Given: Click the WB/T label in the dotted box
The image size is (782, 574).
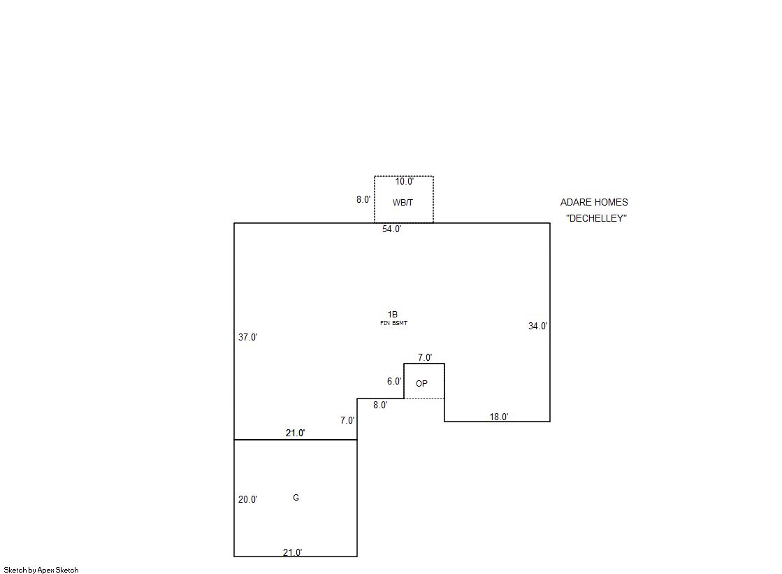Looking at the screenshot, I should pyautogui.click(x=403, y=203).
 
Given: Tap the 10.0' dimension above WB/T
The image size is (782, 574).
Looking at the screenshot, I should pyautogui.click(x=404, y=182).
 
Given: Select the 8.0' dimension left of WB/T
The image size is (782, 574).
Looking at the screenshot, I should pyautogui.click(x=363, y=199).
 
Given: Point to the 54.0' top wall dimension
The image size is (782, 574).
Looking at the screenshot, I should pyautogui.click(x=391, y=229).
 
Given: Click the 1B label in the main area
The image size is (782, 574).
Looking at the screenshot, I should pyautogui.click(x=393, y=315).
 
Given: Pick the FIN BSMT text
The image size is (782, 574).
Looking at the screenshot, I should pyautogui.click(x=393, y=323).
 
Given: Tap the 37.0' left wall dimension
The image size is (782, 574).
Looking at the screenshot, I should pyautogui.click(x=247, y=337).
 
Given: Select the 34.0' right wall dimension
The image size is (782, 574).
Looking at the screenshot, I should pyautogui.click(x=537, y=326).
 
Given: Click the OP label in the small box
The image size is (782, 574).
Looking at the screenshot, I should pyautogui.click(x=421, y=384).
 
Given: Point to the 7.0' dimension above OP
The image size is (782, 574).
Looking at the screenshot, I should pyautogui.click(x=425, y=357).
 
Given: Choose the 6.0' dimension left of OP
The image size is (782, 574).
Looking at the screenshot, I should pyautogui.click(x=394, y=382).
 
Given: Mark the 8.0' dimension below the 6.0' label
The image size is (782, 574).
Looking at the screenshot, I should pyautogui.click(x=379, y=405).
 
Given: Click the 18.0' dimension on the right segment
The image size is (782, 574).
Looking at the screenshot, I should pyautogui.click(x=498, y=417).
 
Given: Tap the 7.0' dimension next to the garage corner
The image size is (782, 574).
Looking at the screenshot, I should pyautogui.click(x=347, y=421).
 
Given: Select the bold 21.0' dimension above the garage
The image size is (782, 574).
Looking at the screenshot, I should pyautogui.click(x=295, y=433).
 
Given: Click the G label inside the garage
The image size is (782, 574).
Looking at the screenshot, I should pyautogui.click(x=296, y=498).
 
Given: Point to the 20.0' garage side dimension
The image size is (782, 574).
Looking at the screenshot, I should pyautogui.click(x=247, y=500).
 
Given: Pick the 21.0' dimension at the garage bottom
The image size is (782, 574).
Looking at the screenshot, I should pyautogui.click(x=292, y=552).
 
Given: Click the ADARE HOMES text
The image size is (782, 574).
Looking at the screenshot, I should pyautogui.click(x=594, y=202).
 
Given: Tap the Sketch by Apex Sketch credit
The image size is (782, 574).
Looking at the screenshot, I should pyautogui.click(x=41, y=571).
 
